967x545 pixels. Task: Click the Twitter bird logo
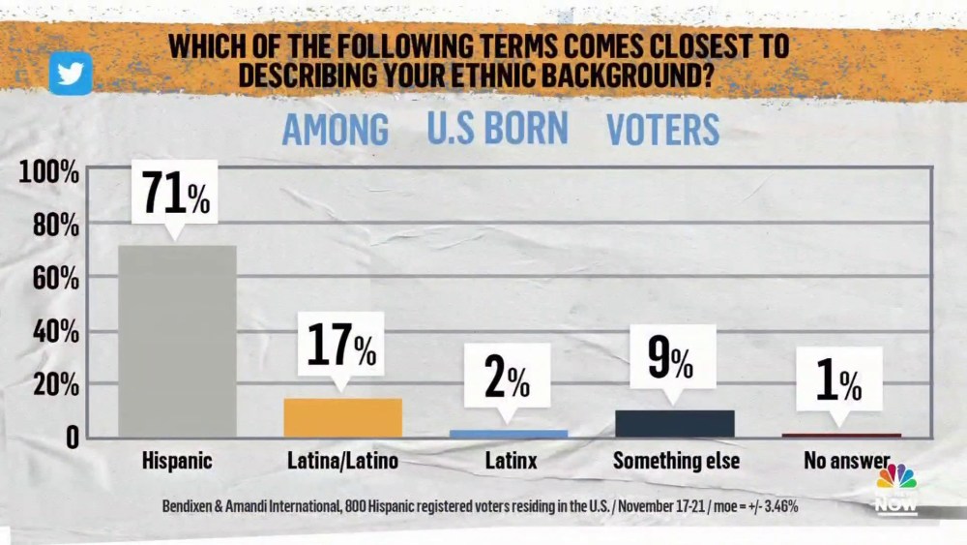coord(71,73)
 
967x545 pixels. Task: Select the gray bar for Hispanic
coord(177,341)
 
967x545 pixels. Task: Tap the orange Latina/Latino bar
coord(343,417)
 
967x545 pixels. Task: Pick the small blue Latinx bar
coord(509,434)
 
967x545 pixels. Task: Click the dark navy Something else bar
coord(675,423)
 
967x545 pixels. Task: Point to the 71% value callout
coord(176,195)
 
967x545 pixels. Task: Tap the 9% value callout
coord(671,360)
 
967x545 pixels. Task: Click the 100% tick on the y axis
coord(48,174)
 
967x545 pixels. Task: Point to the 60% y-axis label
coord(54,279)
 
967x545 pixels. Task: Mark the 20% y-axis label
coord(54,385)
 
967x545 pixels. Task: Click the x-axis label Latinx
coord(511,461)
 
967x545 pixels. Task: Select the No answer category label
coord(846,461)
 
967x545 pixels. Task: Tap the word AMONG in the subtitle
coord(336,130)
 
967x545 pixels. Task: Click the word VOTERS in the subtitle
coord(662,130)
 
